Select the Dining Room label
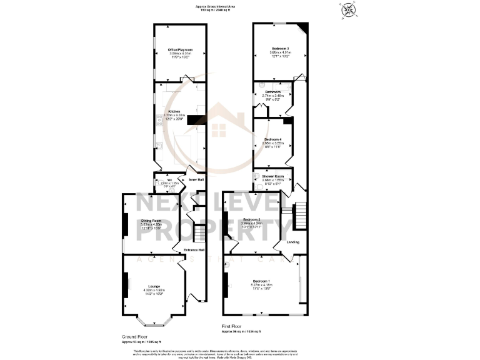pos(151,221)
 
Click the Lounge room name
pos(154,286)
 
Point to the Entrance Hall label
pos(194,251)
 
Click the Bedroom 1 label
pos(262,281)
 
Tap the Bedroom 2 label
pos(252,219)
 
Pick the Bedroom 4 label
pos(272,139)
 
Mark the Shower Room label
pos(273,176)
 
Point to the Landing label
pos(292,242)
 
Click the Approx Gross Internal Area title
pos(239,6)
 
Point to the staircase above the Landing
pos(301,216)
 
